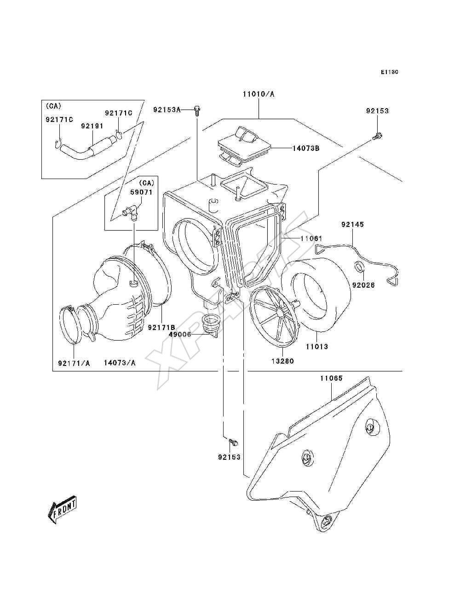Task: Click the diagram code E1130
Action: [x=389, y=72]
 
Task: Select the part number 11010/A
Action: [x=258, y=94]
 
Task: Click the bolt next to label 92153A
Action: [x=197, y=110]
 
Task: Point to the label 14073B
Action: [x=305, y=148]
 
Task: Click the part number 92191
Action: [x=92, y=126]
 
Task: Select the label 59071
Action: [x=141, y=192]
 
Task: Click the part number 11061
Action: [x=311, y=238]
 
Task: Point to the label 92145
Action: [x=352, y=224]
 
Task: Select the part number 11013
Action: [x=317, y=347]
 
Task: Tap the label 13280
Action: [x=282, y=361]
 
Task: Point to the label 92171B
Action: [x=161, y=327]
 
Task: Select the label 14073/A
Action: [x=120, y=363]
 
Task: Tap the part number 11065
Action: [x=332, y=378]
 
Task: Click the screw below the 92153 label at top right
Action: [x=378, y=135]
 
